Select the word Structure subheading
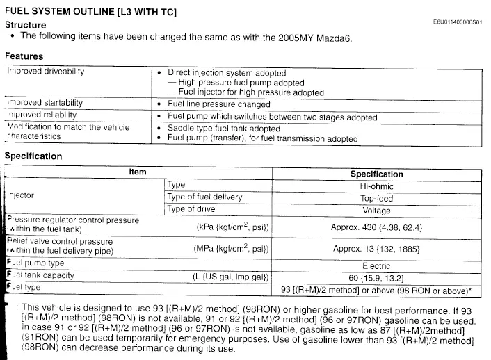click(x=26, y=25)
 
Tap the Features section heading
click(x=24, y=56)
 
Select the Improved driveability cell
click(x=46, y=72)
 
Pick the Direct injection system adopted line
click(x=227, y=72)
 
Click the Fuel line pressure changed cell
click(x=219, y=104)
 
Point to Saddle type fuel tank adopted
click(x=224, y=129)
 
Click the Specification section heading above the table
click(x=33, y=156)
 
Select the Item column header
click(x=138, y=172)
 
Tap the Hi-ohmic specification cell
click(x=376, y=186)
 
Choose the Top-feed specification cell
click(x=376, y=198)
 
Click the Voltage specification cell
click(x=376, y=209)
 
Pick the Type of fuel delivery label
click(x=204, y=197)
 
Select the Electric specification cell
click(x=376, y=265)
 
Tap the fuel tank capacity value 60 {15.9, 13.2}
click(x=376, y=277)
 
